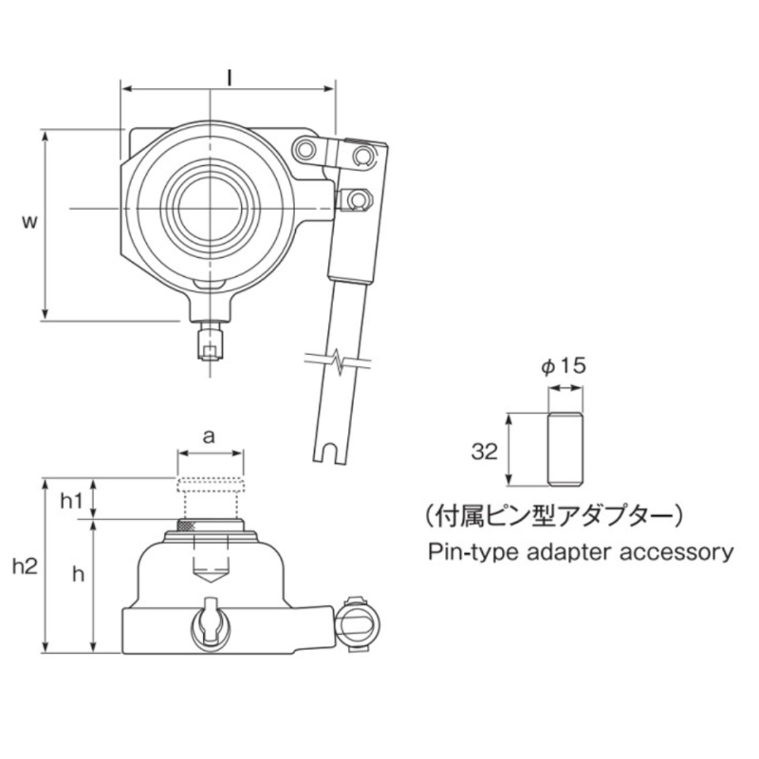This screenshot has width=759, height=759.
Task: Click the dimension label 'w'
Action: (x=29, y=222)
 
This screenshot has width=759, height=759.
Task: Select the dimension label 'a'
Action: (x=209, y=436)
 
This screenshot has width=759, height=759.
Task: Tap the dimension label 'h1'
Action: (x=71, y=500)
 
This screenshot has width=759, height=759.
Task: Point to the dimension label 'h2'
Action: (x=25, y=566)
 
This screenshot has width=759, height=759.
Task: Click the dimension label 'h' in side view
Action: (x=79, y=574)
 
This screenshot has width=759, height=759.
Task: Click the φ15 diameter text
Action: (x=564, y=367)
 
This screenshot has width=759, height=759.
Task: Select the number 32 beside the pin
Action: (x=484, y=451)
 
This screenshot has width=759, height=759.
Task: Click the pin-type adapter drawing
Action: (x=566, y=449)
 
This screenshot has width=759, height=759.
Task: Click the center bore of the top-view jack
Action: (x=209, y=207)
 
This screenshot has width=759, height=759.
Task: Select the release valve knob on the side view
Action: (x=209, y=620)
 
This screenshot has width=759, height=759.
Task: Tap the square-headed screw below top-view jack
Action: (x=210, y=344)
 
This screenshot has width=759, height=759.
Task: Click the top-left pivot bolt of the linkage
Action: (x=304, y=149)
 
